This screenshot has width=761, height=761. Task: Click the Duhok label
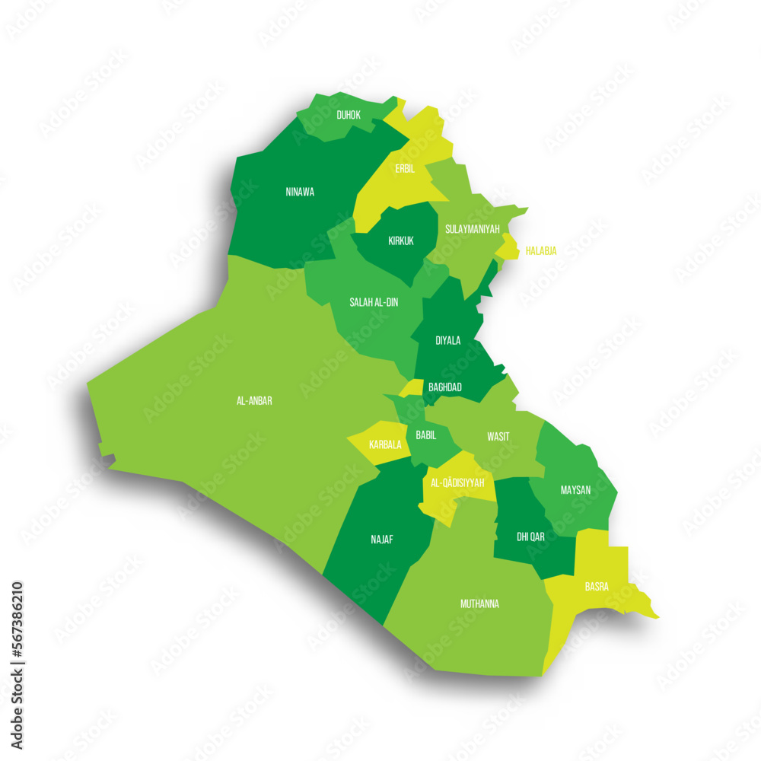coord(349,116)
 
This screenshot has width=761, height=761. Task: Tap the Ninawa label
coord(300,192)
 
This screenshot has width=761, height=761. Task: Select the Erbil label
coord(405,169)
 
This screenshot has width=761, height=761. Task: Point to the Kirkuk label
coord(401,240)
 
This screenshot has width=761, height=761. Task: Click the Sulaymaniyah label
coord(472,228)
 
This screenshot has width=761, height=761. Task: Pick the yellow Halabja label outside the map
coord(541,250)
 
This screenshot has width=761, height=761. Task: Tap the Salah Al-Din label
coord(374,302)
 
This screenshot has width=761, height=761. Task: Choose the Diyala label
coord(447,340)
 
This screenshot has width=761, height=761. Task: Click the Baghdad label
coord(445,387)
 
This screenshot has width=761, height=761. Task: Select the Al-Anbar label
coord(254,400)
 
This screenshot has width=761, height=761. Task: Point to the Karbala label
coord(384,444)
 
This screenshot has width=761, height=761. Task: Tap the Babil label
coord(426,435)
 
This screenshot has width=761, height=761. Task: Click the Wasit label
coord(498,436)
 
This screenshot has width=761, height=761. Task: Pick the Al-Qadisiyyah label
coord(457,482)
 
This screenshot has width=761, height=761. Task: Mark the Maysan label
coord(575,489)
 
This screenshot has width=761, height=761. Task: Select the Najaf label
coord(382,539)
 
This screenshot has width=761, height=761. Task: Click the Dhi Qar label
coord(530,537)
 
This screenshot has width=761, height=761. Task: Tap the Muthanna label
coord(479,603)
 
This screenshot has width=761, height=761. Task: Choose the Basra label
coord(596,587)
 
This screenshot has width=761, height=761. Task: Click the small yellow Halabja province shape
coord(508,247)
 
